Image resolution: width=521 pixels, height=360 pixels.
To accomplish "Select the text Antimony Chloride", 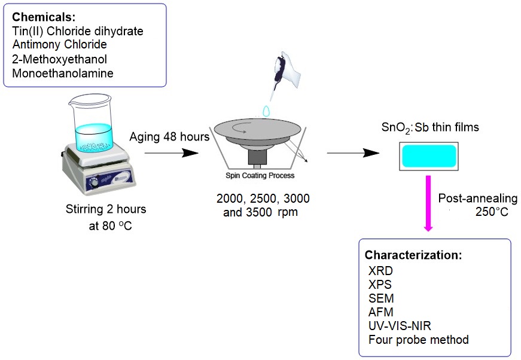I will [59, 44].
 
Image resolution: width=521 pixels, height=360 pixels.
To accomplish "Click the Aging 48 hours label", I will [169, 137].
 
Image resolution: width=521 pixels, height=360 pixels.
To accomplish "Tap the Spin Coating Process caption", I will [260, 176].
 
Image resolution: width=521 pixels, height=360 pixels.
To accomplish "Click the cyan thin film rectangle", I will [429, 155].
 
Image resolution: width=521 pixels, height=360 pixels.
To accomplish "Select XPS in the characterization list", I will [381, 284].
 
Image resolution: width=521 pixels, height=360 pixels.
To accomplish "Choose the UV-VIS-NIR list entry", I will [400, 326].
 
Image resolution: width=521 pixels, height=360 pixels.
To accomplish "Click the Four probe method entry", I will [419, 340].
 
